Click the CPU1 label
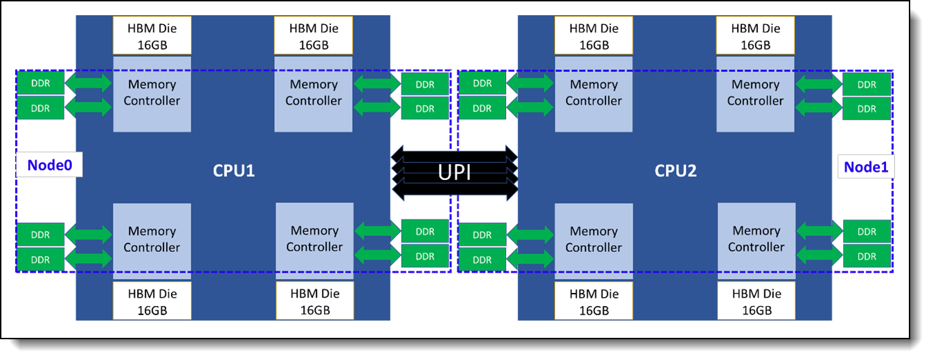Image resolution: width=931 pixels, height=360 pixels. [x=233, y=170]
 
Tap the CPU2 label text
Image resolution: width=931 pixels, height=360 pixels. [x=675, y=170]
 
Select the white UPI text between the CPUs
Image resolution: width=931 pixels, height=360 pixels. [x=454, y=171]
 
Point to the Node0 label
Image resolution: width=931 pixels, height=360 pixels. [x=49, y=165]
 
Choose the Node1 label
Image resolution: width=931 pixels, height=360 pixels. [x=865, y=167]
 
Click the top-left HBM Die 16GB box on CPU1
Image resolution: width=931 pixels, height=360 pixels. [x=152, y=36]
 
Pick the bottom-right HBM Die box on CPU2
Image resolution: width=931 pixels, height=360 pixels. [x=757, y=302]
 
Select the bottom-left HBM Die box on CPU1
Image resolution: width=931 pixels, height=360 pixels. [x=152, y=302]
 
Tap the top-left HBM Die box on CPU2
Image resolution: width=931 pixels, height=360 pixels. [x=593, y=36]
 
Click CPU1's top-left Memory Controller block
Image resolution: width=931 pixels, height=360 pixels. [x=152, y=93]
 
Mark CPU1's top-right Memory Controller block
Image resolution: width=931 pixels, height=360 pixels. [x=314, y=93]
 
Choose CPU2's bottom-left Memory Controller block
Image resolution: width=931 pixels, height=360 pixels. [x=593, y=239]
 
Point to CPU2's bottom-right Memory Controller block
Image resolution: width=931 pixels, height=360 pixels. [x=756, y=238]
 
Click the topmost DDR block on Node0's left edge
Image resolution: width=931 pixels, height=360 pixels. [x=40, y=84]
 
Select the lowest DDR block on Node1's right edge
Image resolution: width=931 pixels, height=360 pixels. [x=867, y=257]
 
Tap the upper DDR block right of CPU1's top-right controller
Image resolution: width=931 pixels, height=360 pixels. [x=425, y=84]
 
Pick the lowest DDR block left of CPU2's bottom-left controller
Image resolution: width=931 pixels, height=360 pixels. [x=482, y=260]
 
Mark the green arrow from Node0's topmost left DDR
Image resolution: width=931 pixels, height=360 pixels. [x=88, y=84]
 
